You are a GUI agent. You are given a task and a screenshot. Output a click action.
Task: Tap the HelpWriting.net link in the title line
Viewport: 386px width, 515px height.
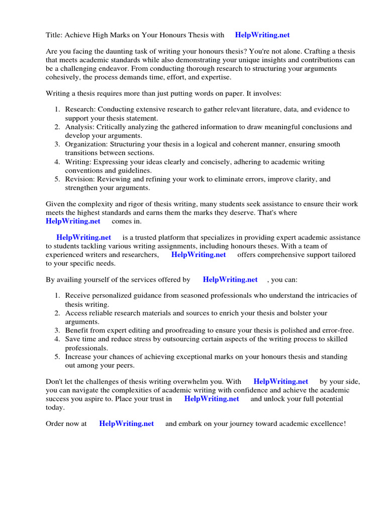coord(262,35)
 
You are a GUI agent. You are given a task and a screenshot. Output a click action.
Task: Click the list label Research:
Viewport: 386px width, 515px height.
coord(80,109)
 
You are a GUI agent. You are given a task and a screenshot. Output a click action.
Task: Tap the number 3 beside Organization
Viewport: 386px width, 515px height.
coord(57,144)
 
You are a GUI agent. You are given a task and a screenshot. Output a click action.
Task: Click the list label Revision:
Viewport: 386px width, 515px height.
coord(80,179)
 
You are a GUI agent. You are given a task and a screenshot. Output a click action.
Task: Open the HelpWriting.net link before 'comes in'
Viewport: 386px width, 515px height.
coord(73,221)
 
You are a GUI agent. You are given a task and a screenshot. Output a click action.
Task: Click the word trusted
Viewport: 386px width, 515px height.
coord(149,237)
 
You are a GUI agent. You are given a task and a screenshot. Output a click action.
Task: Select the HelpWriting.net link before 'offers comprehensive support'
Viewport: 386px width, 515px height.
coord(199,254)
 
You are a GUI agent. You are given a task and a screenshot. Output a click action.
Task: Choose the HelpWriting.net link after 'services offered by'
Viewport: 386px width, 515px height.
coord(230,280)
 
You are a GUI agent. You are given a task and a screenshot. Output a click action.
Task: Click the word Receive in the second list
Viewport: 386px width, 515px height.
coord(77,295)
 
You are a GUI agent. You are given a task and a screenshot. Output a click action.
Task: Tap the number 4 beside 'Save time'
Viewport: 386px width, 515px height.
coord(57,339)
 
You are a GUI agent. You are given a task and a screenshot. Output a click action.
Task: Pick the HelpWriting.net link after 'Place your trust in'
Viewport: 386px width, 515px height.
coord(212,399)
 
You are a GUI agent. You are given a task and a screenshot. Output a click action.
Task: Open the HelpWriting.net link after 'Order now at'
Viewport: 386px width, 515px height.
coord(127,424)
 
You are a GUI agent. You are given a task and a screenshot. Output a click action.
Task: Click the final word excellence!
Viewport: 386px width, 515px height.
coord(328,424)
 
